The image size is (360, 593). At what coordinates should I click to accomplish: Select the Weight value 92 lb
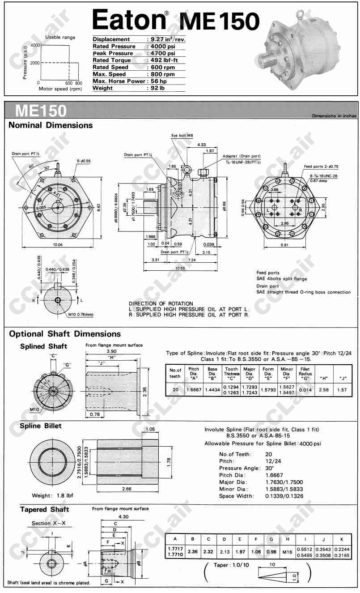(158, 88)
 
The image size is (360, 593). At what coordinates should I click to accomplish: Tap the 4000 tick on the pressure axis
(35, 46)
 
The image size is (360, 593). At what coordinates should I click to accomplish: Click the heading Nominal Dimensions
(51, 125)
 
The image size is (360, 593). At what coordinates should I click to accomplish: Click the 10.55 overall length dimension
(180, 268)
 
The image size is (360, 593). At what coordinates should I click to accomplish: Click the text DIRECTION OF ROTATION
(161, 303)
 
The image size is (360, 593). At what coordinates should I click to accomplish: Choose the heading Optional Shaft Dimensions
(65, 334)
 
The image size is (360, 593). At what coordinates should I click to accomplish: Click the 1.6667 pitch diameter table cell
(194, 389)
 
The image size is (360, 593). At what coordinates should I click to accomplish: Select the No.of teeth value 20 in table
(175, 389)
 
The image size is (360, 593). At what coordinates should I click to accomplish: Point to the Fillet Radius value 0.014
(305, 389)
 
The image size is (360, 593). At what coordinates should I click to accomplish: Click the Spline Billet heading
(41, 426)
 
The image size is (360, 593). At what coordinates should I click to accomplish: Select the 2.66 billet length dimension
(127, 489)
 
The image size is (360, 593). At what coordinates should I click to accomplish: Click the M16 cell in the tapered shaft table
(287, 552)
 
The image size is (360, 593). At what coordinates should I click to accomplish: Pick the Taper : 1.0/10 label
(228, 565)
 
